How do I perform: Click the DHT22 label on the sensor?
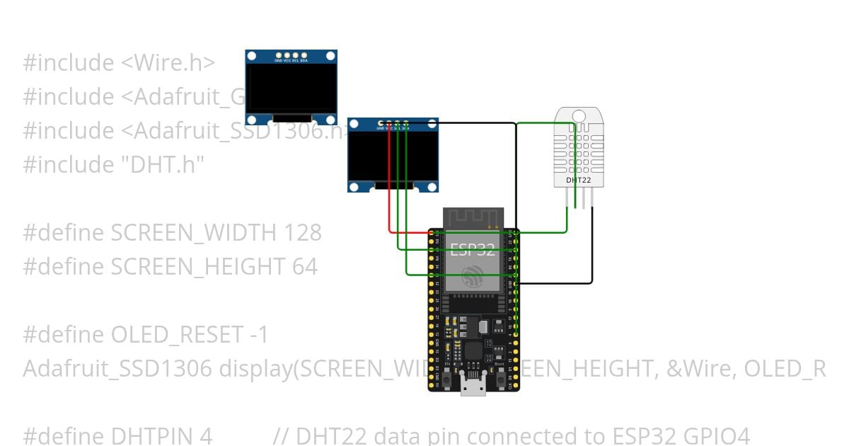pyautogui.click(x=578, y=180)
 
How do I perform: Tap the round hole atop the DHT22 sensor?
pyautogui.click(x=579, y=116)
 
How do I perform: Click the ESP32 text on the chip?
pyautogui.click(x=473, y=248)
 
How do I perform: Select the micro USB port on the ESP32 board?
pyautogui.click(x=473, y=386)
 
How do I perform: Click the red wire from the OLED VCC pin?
pyautogui.click(x=390, y=184)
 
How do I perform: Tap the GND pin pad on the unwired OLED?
pyautogui.click(x=279, y=55)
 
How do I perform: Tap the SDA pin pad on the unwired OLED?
pyautogui.click(x=304, y=55)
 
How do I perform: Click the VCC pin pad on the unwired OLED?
pyautogui.click(x=287, y=55)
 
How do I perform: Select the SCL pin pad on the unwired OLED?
pyautogui.click(x=296, y=55)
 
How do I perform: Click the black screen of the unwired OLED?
pyautogui.click(x=291, y=88)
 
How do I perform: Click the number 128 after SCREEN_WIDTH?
pyautogui.click(x=302, y=232)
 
